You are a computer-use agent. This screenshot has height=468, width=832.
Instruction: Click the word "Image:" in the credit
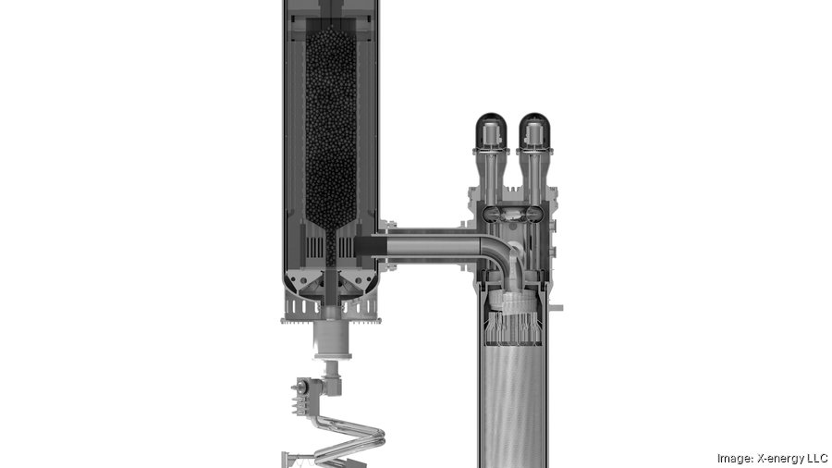(x=735, y=459)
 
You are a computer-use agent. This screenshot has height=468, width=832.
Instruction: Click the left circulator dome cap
(x=492, y=130)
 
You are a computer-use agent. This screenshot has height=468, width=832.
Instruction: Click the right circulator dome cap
(x=533, y=130)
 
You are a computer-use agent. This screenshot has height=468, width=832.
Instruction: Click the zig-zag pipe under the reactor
(x=348, y=440)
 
